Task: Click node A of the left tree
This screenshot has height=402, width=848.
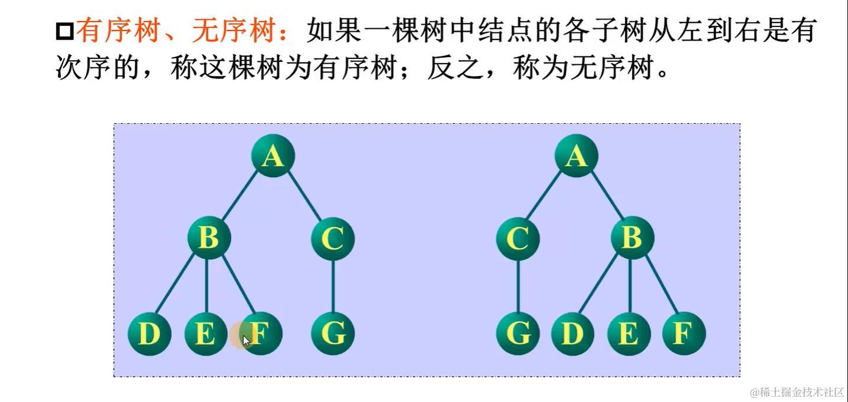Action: click(x=272, y=156)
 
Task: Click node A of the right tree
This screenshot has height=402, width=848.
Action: click(x=577, y=156)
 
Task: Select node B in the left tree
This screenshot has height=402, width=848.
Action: click(x=208, y=238)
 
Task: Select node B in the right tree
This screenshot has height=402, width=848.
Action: click(x=631, y=238)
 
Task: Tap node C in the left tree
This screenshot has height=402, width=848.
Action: click(x=333, y=239)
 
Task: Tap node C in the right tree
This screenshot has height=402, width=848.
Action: click(x=518, y=239)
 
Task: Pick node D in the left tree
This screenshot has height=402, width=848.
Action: click(x=149, y=334)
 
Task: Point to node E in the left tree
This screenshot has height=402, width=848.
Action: click(x=205, y=334)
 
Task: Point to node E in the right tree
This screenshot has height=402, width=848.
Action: click(x=628, y=334)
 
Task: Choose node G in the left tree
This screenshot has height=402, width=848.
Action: click(x=333, y=334)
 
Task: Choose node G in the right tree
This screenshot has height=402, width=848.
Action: click(x=518, y=334)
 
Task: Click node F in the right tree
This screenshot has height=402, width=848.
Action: click(x=683, y=334)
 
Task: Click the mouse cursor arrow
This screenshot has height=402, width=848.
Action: click(x=246, y=340)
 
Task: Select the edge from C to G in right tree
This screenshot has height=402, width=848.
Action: click(x=518, y=286)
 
